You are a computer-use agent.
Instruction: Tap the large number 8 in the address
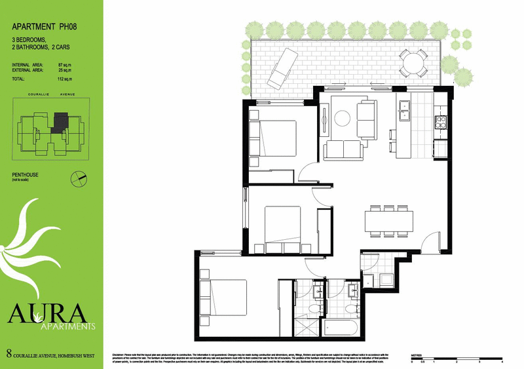8,354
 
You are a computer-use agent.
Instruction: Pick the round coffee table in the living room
344,118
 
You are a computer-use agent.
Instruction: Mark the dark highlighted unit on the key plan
60,120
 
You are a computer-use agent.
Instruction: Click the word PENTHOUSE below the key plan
28,174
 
